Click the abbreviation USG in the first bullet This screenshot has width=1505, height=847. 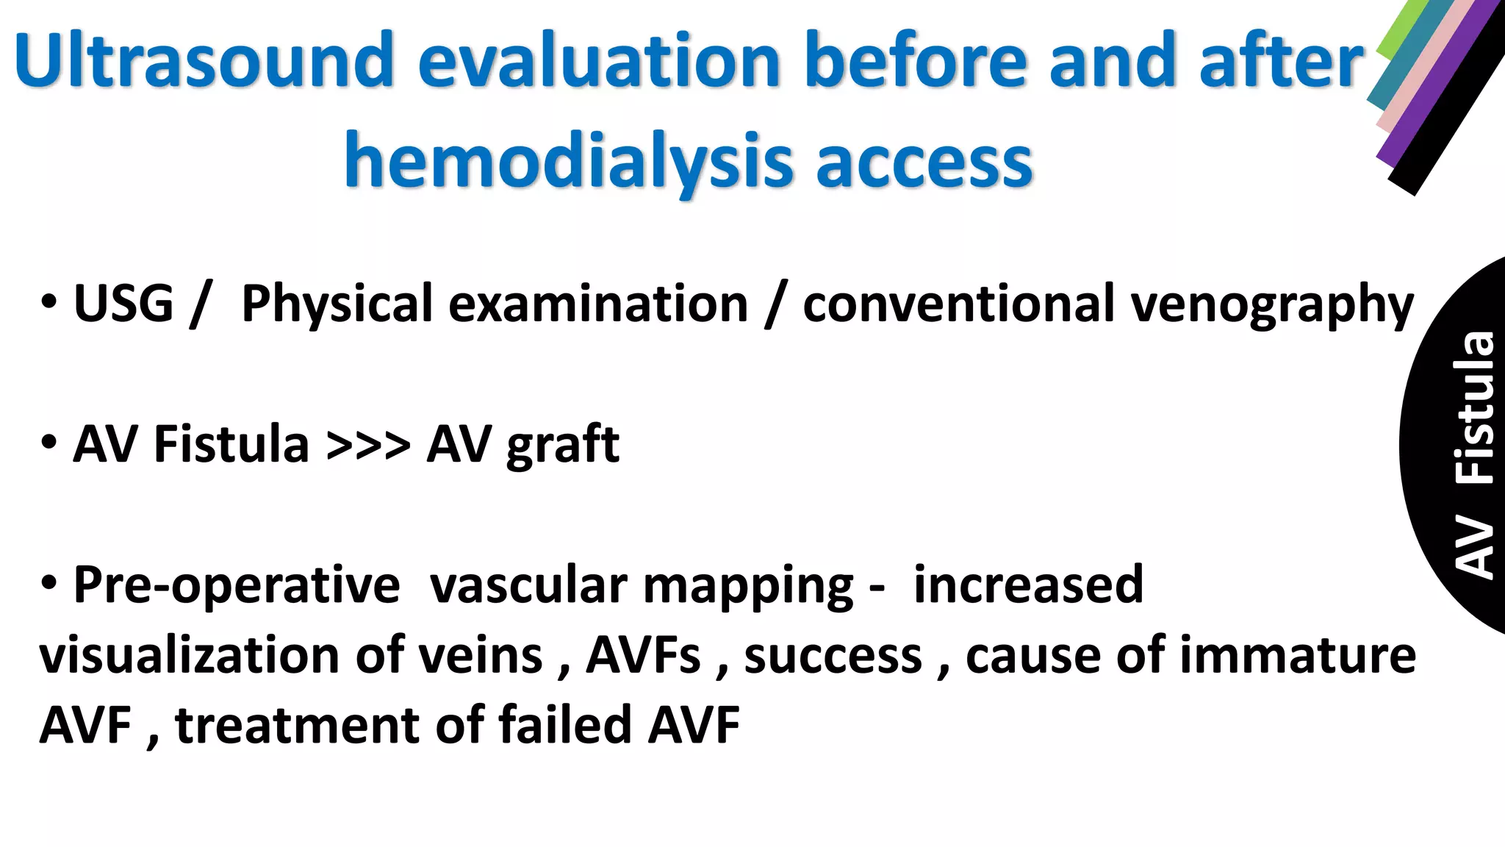coord(123,303)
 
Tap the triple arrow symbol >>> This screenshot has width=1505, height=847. coord(368,444)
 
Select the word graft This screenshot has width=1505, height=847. coord(562,446)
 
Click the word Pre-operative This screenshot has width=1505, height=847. coord(237,585)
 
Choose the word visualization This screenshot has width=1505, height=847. coord(190,654)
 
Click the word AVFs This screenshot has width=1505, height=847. coord(643,654)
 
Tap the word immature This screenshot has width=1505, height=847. coord(1297,654)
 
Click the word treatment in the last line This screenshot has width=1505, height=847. coord(296,724)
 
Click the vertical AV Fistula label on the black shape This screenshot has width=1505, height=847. coord(1474,456)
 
